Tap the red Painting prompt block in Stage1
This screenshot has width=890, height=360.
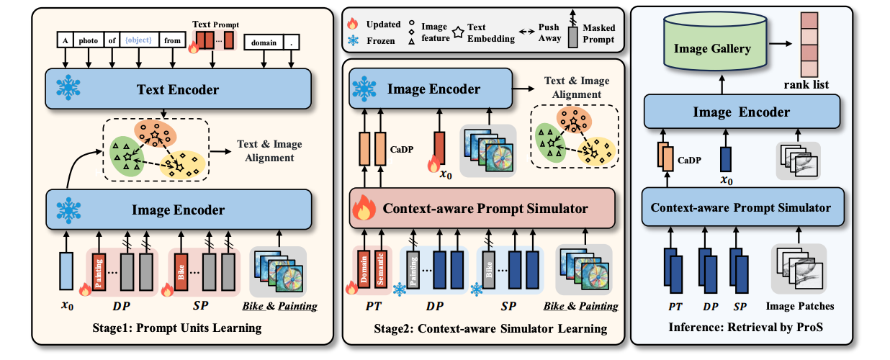coord(99,271)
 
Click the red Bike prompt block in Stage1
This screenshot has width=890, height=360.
coord(180,271)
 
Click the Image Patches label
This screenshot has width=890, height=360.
coord(799,306)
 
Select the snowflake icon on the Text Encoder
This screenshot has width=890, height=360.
coord(70,89)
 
